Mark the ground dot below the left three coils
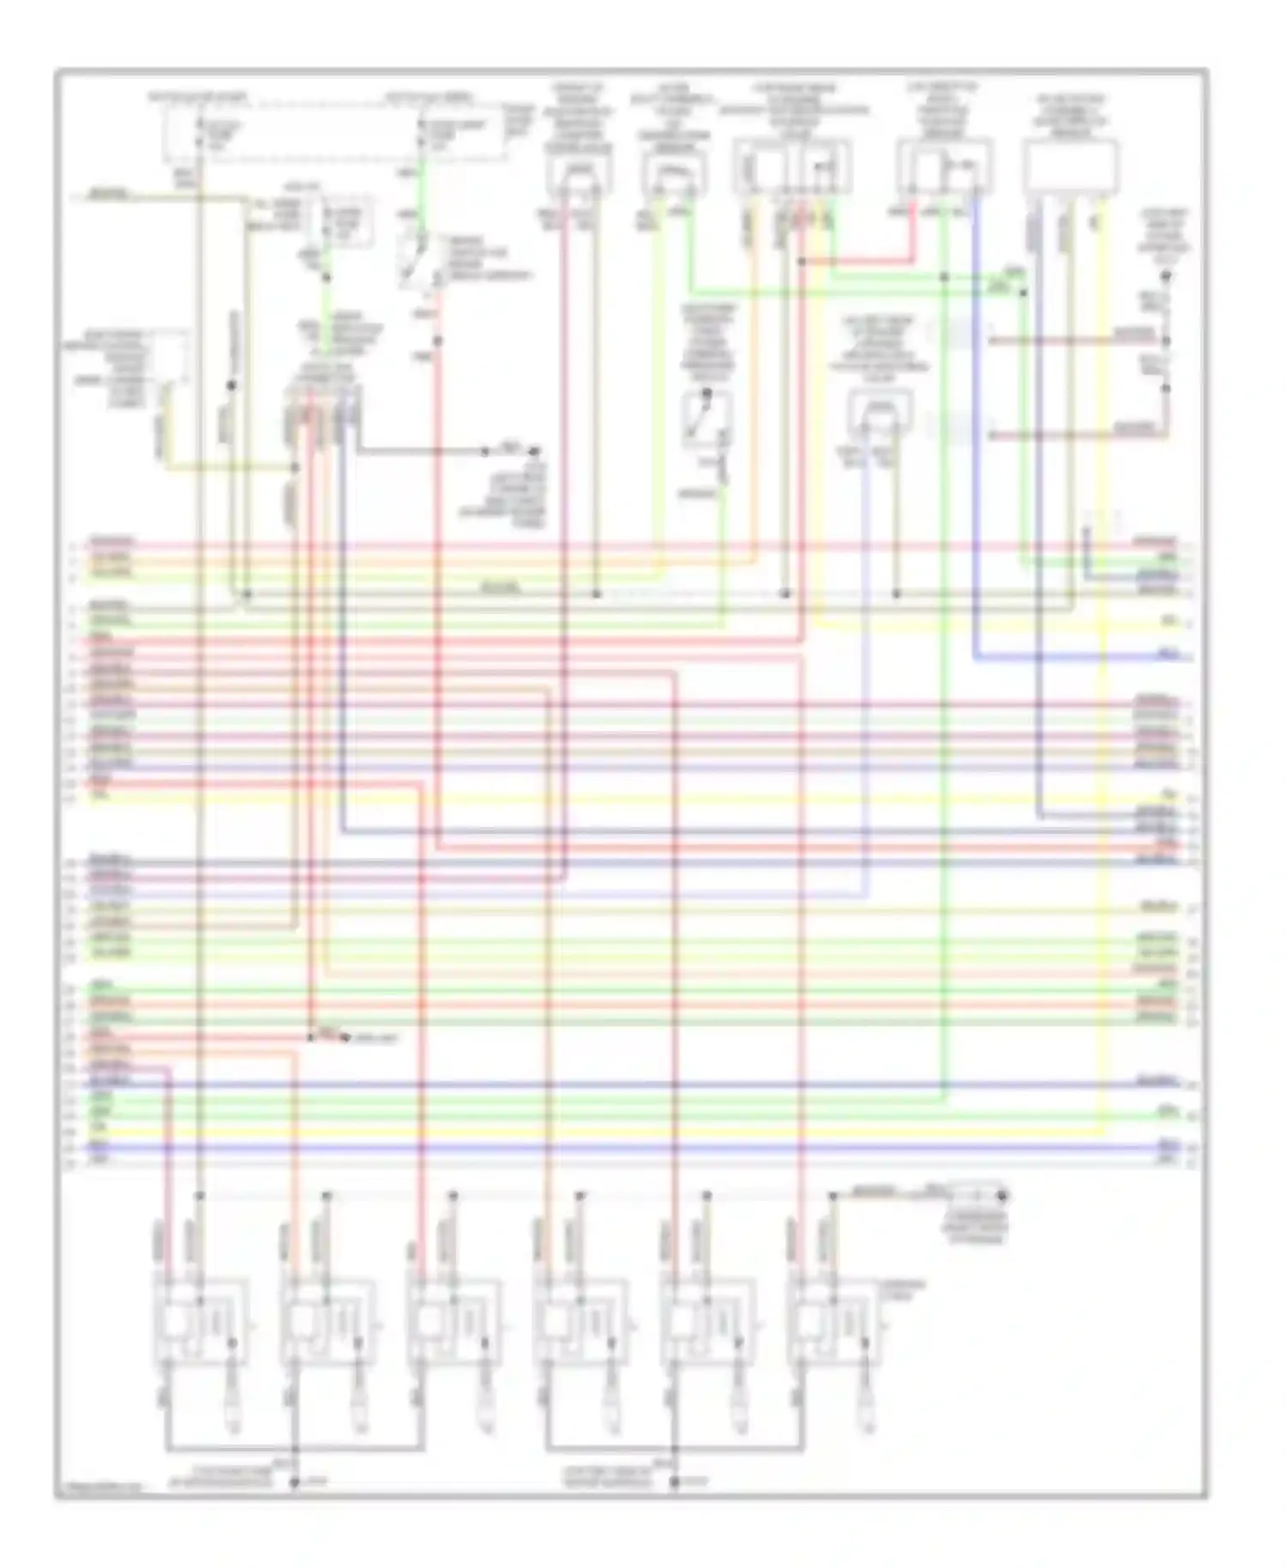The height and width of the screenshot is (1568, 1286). (294, 1482)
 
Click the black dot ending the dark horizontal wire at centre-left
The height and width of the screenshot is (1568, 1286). (536, 450)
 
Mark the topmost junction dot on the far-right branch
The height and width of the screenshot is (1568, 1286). (1165, 276)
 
